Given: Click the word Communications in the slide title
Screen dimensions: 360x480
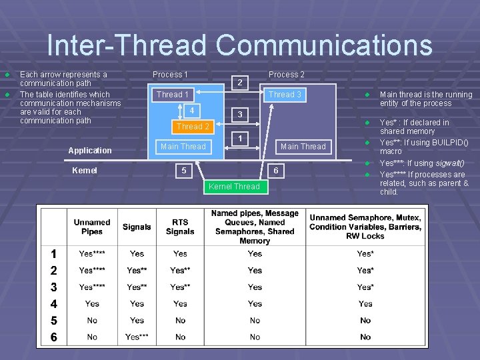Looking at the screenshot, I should [x=324, y=45].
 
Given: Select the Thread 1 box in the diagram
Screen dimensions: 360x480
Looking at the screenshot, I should [x=173, y=95].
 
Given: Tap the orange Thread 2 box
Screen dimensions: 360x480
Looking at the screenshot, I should [x=193, y=126].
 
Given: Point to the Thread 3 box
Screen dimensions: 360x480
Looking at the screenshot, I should [x=285, y=95].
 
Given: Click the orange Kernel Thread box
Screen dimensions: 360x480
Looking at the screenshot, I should [x=234, y=187].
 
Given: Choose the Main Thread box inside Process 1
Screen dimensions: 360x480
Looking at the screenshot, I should [x=183, y=146].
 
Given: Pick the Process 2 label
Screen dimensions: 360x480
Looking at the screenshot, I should [x=286, y=74].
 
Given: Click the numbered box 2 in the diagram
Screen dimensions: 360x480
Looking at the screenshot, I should [x=240, y=83].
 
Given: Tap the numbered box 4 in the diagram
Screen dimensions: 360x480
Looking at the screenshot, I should [x=191, y=110].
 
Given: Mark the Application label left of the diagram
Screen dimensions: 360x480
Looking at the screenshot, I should [x=90, y=151].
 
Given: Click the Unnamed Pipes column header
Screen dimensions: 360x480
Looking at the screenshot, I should [x=92, y=227].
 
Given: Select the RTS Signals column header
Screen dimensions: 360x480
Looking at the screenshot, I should [x=180, y=227].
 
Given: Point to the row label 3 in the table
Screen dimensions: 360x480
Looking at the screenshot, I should [x=53, y=287].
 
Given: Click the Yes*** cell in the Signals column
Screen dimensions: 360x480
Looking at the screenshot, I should [x=137, y=337].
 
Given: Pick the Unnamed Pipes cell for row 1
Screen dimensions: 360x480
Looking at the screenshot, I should [x=92, y=254].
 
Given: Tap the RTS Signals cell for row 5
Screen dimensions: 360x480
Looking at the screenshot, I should [x=180, y=321].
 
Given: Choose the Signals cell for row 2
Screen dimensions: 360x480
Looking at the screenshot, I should [x=137, y=271].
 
